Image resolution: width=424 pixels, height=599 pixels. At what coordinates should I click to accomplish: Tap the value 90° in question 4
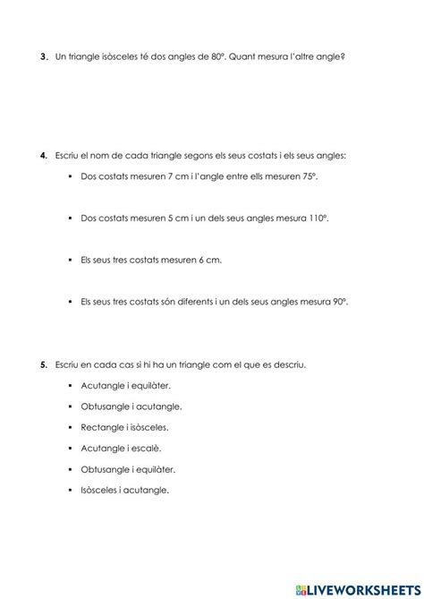(336, 302)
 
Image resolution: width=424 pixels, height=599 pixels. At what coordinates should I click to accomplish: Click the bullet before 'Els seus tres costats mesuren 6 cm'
(69, 261)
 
